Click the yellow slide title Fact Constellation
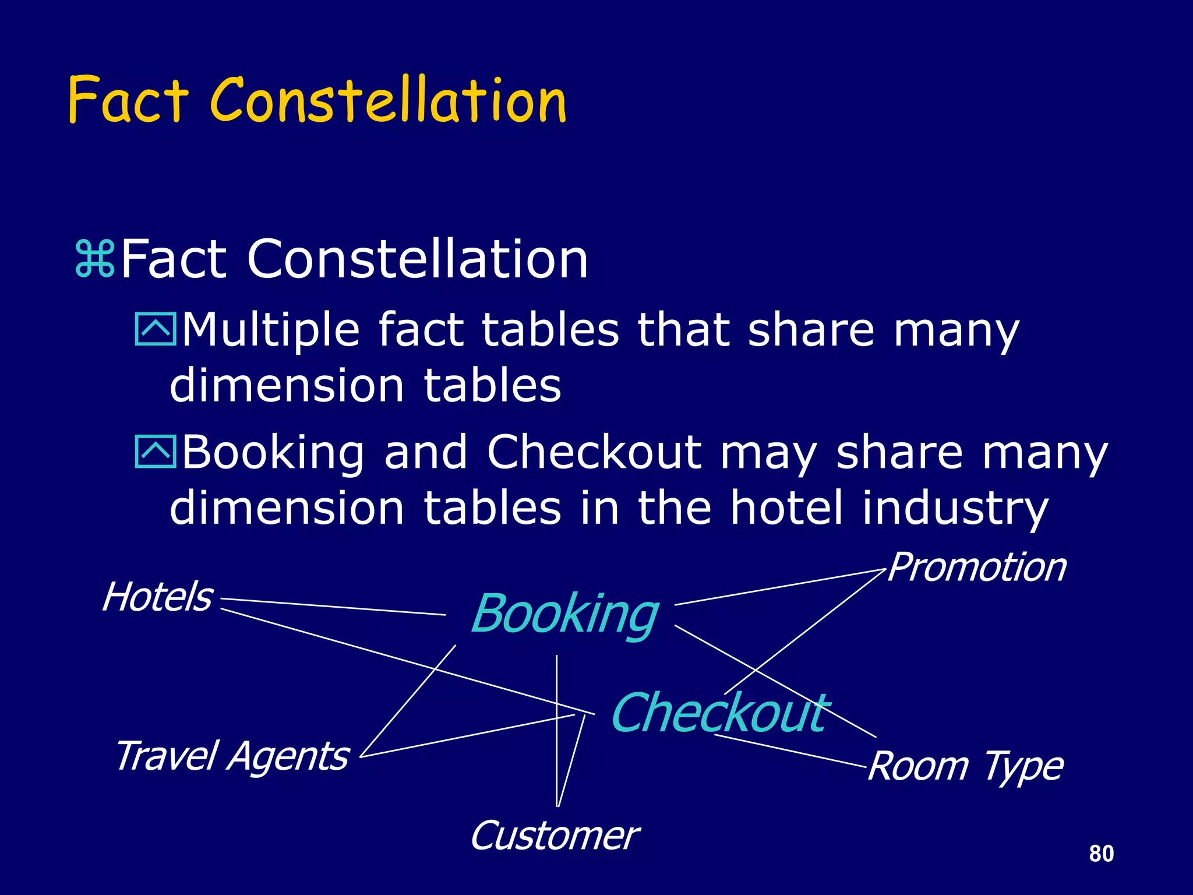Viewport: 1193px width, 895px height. (317, 100)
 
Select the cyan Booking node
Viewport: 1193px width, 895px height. (564, 614)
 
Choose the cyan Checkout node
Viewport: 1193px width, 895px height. (720, 713)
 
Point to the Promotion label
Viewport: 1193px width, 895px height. (977, 568)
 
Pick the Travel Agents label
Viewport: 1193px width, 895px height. (232, 756)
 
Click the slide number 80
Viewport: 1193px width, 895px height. (1101, 854)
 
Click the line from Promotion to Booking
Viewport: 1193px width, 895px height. (781, 588)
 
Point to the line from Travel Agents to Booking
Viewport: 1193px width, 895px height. (408, 701)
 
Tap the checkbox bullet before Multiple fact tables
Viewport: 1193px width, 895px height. (155, 330)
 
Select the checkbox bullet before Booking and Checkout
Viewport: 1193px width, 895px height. (155, 452)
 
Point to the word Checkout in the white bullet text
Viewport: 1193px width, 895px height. (594, 452)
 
